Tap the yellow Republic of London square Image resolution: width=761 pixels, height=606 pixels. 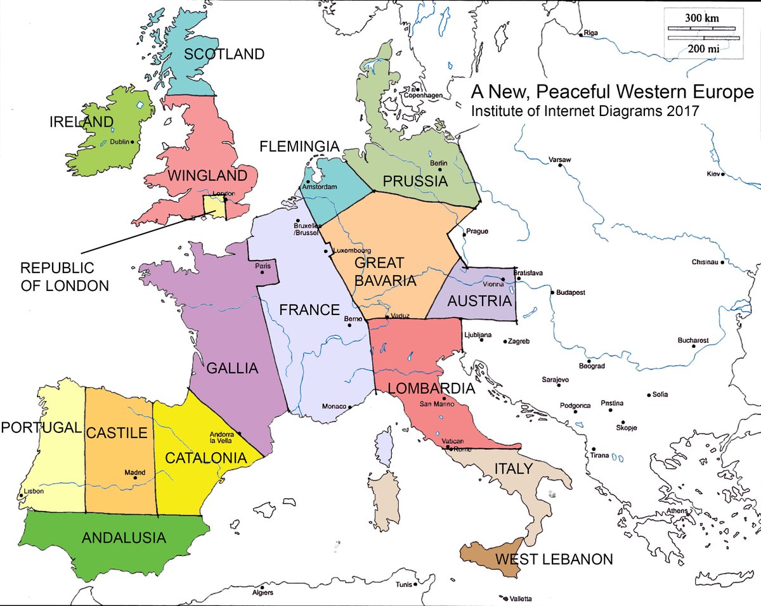point(214,207)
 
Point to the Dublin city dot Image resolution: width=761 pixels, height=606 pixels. point(133,143)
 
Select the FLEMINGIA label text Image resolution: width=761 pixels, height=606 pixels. point(300,147)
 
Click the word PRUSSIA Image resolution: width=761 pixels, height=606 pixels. point(415,182)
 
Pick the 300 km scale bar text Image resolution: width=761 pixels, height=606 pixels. point(701,18)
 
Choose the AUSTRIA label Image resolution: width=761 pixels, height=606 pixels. point(479,301)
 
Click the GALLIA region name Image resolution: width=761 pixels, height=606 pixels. point(232,368)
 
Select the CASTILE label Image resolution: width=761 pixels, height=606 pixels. point(117,434)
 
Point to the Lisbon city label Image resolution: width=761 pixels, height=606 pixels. point(34,491)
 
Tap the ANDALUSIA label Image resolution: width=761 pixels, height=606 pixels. point(124,538)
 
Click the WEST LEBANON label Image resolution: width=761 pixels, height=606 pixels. point(554,560)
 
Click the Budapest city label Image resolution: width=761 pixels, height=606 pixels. point(570,293)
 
